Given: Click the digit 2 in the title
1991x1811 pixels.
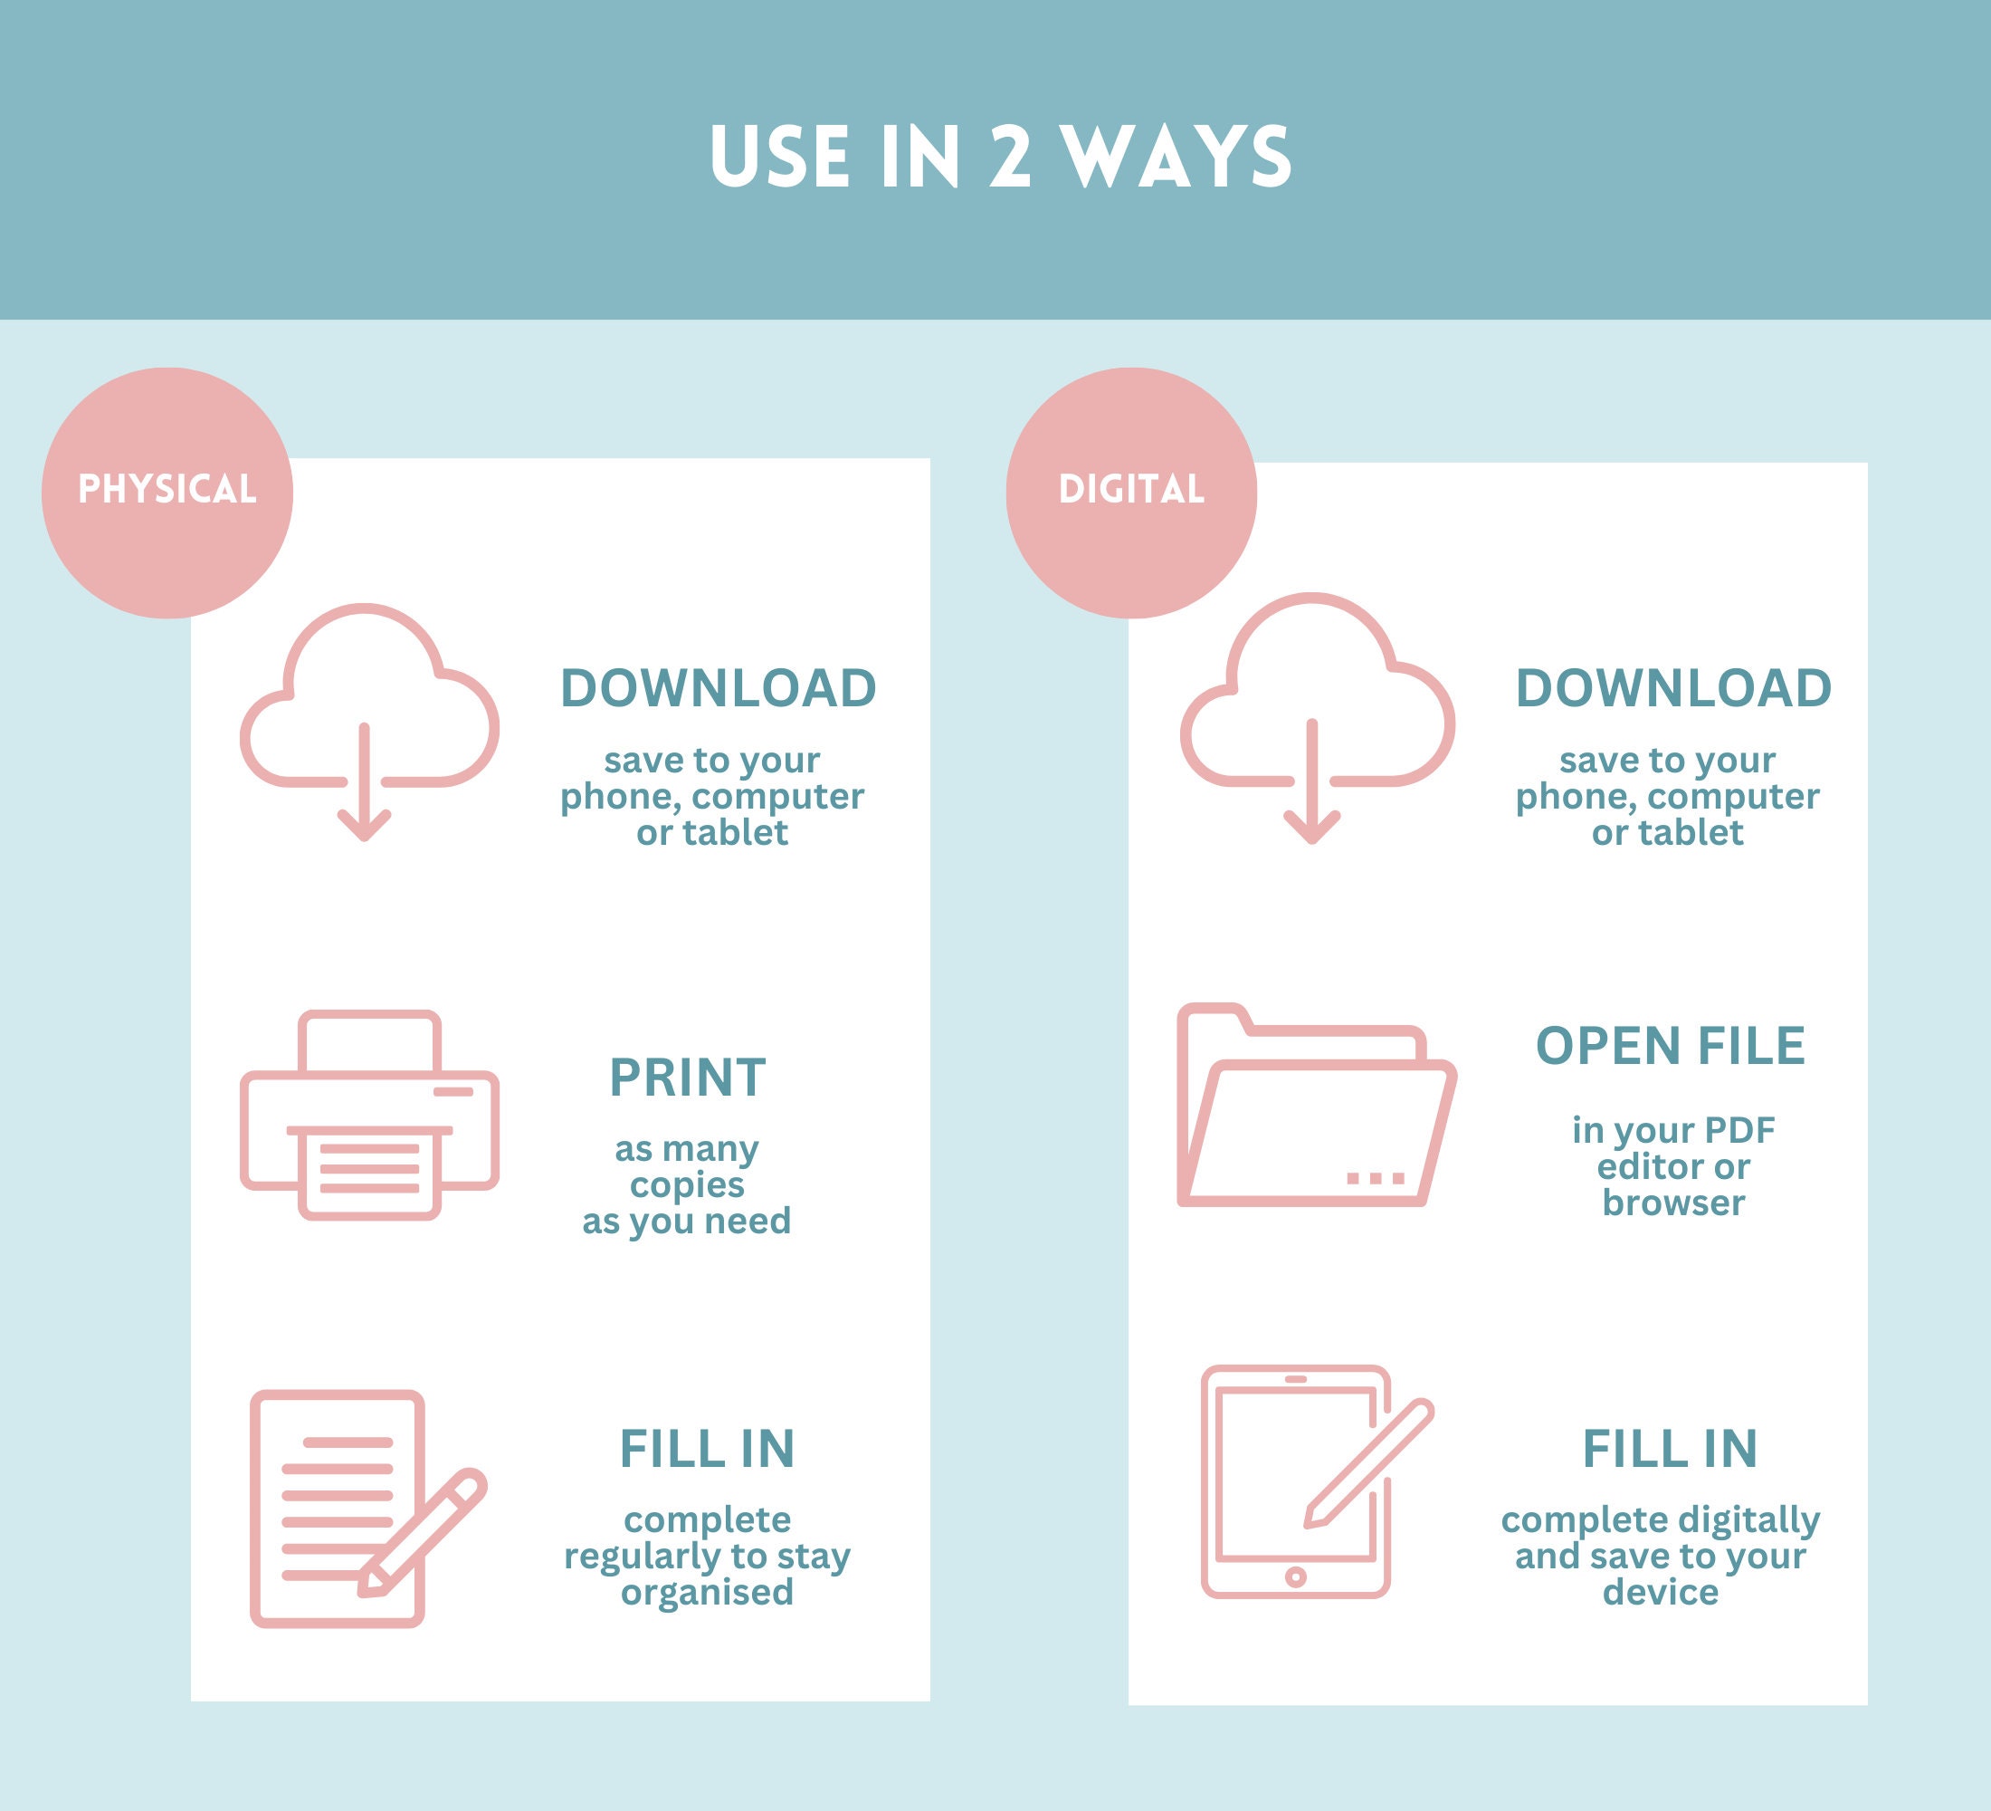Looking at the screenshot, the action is point(1010,156).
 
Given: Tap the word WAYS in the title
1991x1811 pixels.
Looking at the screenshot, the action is point(1176,156).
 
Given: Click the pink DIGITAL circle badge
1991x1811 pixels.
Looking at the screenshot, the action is point(1132,493).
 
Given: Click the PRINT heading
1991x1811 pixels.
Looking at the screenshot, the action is point(688,1078).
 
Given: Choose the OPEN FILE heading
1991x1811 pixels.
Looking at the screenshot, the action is point(1671,1046).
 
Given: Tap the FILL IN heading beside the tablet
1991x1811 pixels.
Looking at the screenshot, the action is point(1671,1450).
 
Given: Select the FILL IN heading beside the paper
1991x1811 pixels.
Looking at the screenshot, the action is point(707,1450).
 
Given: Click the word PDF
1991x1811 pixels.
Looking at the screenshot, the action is point(1739,1130).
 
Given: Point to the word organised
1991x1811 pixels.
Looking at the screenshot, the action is point(707,1592).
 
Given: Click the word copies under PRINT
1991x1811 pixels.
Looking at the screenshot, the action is point(688,1184).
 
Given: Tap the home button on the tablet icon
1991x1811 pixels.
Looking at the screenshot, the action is point(1296,1576).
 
